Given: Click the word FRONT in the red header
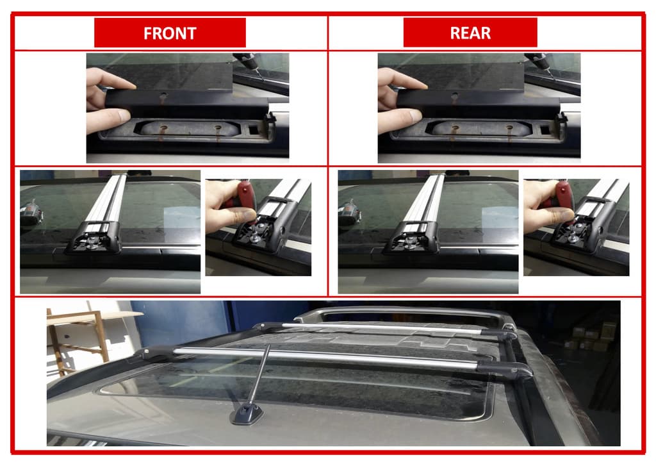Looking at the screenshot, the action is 170,33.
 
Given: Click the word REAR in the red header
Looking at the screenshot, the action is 470,33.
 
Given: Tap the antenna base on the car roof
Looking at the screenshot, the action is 247,414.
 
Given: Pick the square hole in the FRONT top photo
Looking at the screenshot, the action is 254,129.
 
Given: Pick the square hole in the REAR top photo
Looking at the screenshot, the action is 545,129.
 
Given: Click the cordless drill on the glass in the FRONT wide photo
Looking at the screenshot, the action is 31,213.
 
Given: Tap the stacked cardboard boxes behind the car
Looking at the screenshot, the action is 590,337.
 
